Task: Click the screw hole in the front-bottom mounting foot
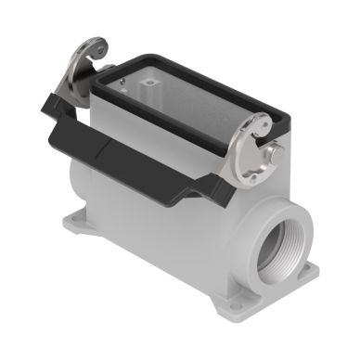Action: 232,302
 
